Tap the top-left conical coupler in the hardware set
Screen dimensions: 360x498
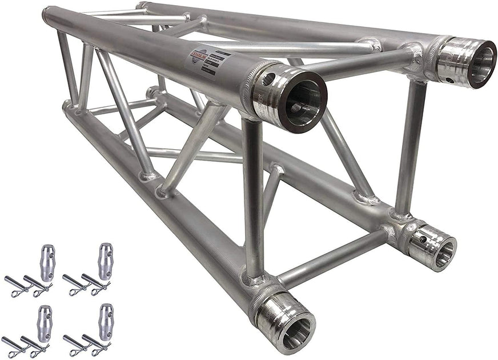(47, 262)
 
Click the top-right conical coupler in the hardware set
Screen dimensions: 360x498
(105, 261)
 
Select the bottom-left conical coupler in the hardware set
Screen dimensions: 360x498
(45, 323)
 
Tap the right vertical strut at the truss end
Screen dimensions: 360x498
(409, 149)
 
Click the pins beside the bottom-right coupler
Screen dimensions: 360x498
(86, 345)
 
